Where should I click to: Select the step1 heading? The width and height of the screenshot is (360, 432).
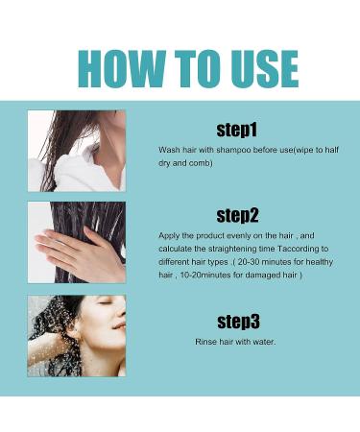tap(236, 130)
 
